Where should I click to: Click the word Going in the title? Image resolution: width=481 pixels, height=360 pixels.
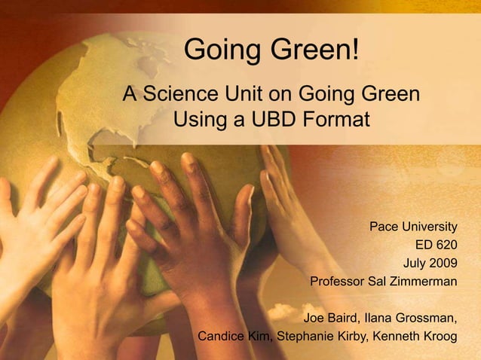coord(218,52)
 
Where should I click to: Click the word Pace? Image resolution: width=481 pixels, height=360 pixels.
coord(384,226)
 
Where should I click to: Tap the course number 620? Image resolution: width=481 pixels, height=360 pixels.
coord(445,245)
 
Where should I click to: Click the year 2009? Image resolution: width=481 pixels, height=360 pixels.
coord(442,264)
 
